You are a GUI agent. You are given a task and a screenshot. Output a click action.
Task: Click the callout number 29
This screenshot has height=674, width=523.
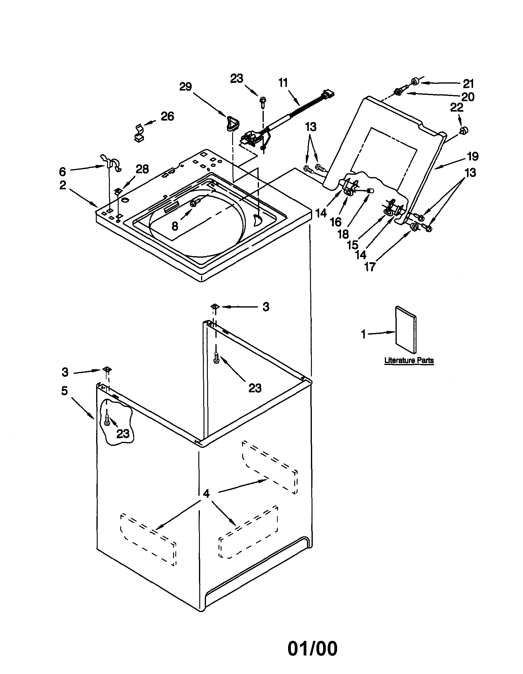tap(186, 87)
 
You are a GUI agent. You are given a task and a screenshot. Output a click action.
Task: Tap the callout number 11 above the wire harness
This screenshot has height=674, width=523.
tap(283, 83)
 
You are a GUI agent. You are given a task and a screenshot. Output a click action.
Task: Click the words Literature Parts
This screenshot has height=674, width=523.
tap(409, 360)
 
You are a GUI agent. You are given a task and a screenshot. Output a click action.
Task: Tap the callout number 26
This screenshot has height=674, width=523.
tap(167, 116)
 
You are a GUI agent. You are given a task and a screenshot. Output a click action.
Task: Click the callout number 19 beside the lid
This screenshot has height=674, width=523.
tap(472, 156)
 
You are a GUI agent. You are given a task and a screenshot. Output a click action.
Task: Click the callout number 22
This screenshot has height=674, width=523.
tap(457, 108)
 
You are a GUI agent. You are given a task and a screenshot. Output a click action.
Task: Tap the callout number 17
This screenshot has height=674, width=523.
tap(369, 267)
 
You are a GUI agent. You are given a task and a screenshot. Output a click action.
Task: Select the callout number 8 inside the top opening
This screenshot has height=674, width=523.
tap(175, 226)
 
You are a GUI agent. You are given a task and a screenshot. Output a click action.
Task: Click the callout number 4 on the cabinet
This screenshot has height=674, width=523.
tap(206, 494)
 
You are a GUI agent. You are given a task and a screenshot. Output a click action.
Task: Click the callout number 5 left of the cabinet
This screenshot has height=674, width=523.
tap(64, 391)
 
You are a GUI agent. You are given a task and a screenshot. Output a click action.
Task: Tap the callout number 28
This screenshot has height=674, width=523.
tap(142, 169)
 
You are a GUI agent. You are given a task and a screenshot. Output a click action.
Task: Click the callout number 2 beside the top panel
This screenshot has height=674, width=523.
tap(63, 185)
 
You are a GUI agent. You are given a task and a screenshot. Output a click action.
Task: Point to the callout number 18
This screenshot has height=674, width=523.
tap(343, 234)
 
